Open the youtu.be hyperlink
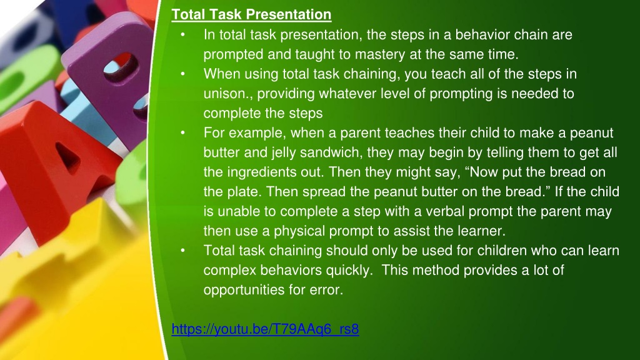tap(265, 329)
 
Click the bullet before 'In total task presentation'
tap(183, 35)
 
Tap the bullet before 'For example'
tap(183, 133)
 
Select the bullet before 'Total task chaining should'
tap(183, 251)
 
